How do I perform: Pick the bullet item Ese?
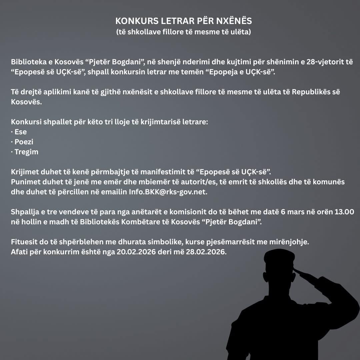20,132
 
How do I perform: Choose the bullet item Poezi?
24,142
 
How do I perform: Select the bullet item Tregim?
26,152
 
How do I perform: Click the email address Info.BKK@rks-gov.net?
168,192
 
